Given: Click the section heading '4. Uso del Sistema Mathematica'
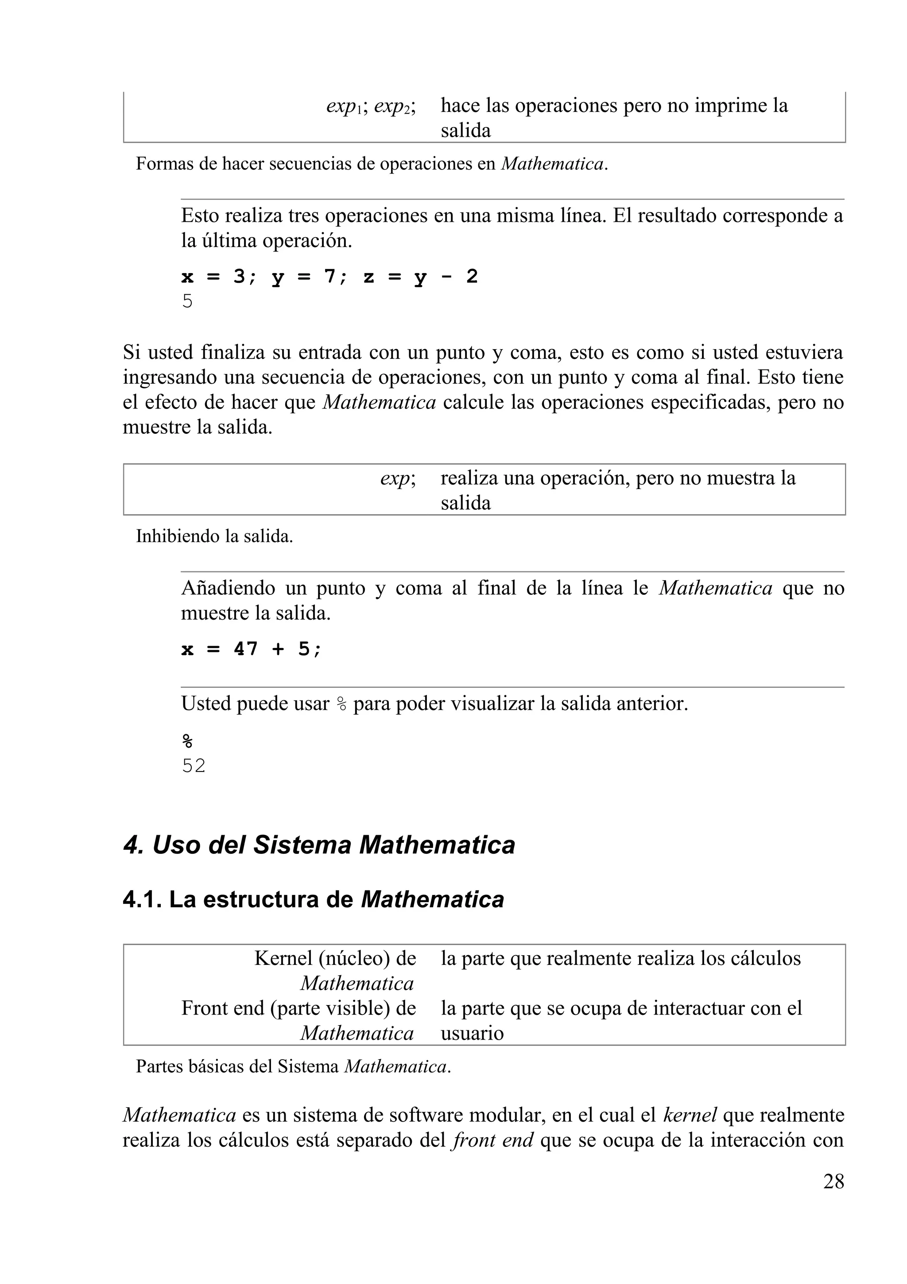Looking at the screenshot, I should tap(319, 844).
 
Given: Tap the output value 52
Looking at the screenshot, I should tap(194, 766).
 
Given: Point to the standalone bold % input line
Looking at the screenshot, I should tap(187, 741).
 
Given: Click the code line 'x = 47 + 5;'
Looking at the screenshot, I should tap(252, 649).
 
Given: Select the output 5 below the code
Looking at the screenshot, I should tap(187, 301).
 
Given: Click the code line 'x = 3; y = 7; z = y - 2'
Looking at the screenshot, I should tap(329, 276).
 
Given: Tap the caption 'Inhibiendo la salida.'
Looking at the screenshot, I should tap(214, 536).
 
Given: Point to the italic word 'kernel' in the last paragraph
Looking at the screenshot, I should tap(690, 1130).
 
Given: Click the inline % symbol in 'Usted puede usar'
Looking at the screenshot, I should tap(341, 704).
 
